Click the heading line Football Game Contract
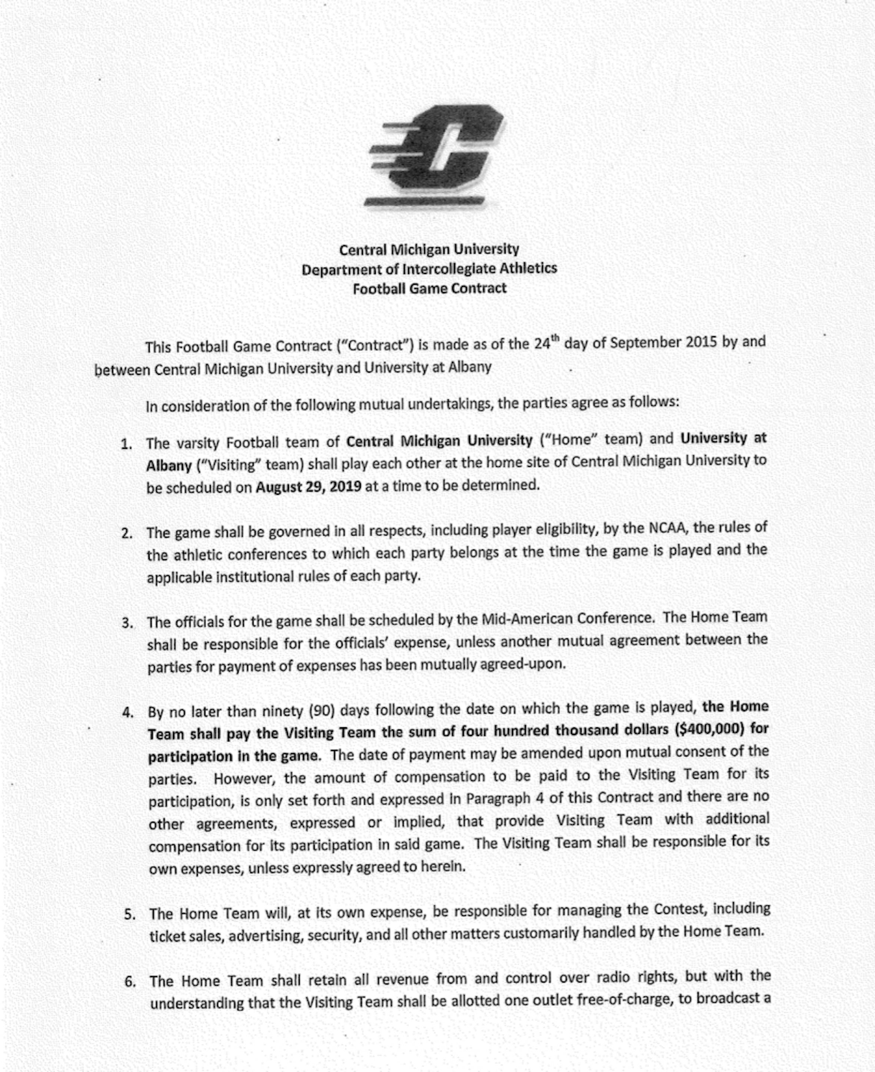click(429, 289)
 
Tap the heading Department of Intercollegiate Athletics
click(429, 269)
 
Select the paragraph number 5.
click(130, 914)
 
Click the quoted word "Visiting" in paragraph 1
click(227, 464)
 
